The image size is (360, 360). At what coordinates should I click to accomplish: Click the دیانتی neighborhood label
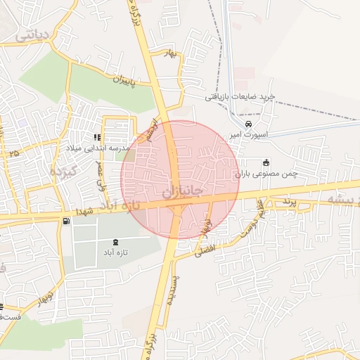(x=34, y=32)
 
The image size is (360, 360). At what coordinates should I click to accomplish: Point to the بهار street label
(x=166, y=54)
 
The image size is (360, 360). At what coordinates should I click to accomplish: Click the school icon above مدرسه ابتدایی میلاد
(x=97, y=137)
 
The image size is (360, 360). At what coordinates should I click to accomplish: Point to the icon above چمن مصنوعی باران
(x=265, y=162)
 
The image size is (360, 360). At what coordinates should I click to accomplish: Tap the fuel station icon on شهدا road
(x=67, y=221)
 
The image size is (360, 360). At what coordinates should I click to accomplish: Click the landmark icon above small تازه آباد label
(x=116, y=243)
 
